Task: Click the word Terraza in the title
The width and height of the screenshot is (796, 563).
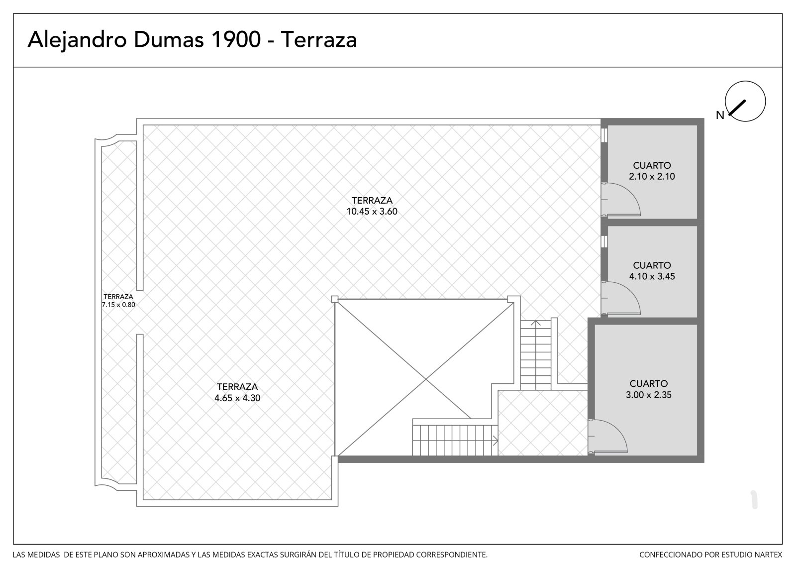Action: (319, 39)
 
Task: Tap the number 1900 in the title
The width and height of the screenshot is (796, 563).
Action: (236, 39)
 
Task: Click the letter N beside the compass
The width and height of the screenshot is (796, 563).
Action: (720, 115)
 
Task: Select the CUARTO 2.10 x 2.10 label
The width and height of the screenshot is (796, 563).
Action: (652, 171)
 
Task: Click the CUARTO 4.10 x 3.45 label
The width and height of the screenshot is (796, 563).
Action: (652, 271)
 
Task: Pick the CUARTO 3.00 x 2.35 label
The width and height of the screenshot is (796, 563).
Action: (649, 389)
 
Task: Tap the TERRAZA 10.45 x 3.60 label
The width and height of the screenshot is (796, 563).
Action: (372, 206)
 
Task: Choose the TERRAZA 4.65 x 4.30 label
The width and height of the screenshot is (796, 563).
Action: (237, 392)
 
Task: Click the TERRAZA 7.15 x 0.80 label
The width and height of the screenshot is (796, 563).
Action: (118, 301)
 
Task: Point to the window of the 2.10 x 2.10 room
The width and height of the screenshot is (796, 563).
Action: (604, 135)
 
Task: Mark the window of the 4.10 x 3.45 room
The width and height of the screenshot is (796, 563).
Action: (604, 241)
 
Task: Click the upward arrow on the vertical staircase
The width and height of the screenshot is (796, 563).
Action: (535, 323)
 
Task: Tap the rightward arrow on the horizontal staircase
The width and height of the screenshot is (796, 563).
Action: (495, 441)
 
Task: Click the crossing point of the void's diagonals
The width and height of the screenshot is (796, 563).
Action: (426, 379)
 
